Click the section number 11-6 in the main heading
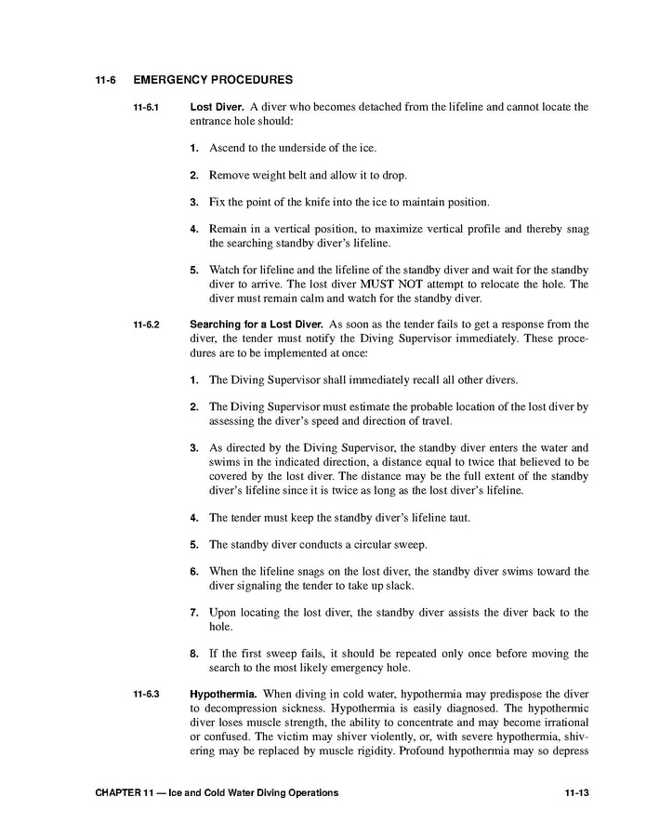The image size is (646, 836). pos(104,80)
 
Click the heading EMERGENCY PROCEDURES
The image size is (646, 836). pos(213,80)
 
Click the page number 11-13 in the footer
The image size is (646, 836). pos(577,793)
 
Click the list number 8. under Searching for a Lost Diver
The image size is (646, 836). pos(194,654)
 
